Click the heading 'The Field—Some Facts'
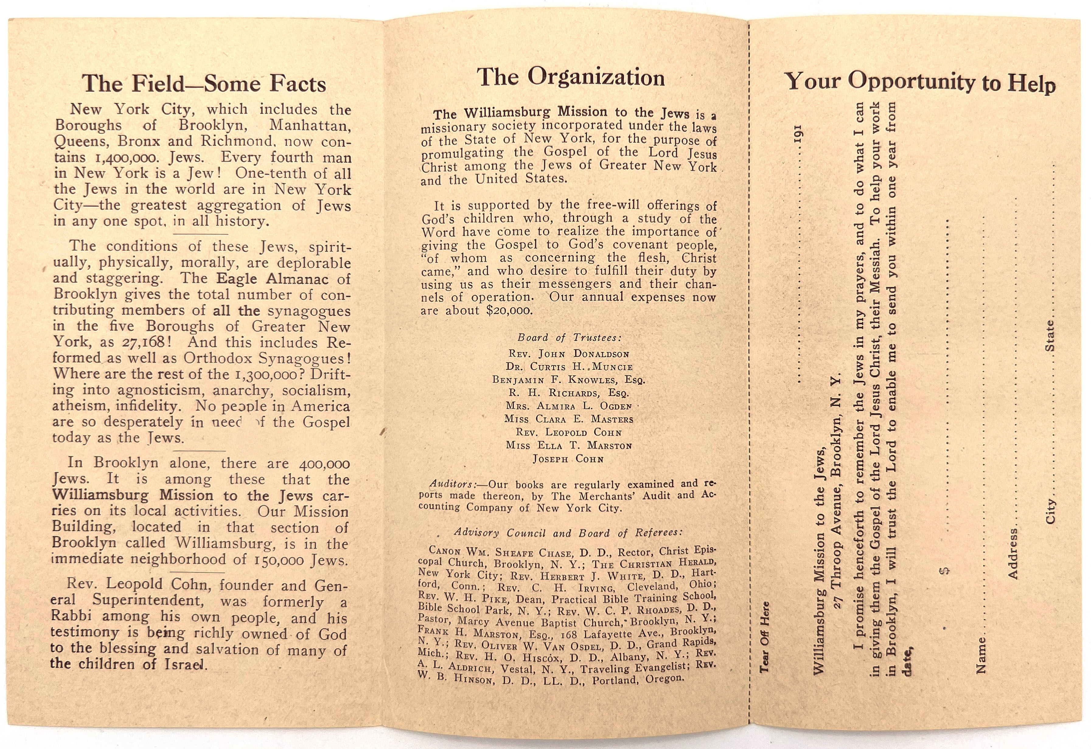(204, 84)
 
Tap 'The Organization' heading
(571, 78)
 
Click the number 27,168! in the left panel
(143, 342)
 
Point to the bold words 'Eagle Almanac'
(272, 279)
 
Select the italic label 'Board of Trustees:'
(570, 338)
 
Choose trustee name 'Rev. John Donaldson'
(569, 354)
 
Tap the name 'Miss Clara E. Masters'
(569, 419)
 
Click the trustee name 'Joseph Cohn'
(568, 459)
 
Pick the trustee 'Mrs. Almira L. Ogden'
(569, 406)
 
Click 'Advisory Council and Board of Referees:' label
(568, 533)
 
